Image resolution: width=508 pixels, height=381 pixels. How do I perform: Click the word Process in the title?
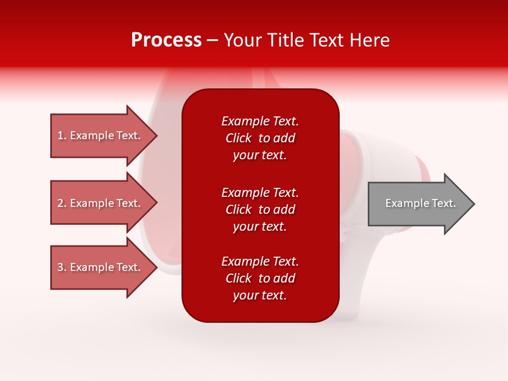coord(166,40)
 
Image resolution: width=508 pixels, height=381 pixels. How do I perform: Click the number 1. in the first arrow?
coord(62,135)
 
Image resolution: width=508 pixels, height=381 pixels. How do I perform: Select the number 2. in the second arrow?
coord(62,203)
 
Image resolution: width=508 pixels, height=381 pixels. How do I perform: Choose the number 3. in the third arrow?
coord(62,267)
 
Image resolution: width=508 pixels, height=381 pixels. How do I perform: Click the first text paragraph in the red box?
coord(260,138)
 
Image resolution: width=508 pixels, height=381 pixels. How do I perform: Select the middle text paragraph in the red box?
coord(260,210)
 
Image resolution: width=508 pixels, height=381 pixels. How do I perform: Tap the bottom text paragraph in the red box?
coord(260,278)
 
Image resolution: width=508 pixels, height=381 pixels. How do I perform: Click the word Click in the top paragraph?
coord(238,138)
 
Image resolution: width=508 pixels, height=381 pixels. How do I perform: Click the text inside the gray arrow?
coord(420,203)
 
